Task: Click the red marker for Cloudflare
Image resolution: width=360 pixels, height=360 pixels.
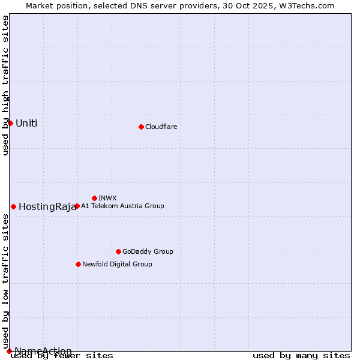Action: (141, 127)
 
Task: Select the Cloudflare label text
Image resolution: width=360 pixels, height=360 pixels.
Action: (161, 127)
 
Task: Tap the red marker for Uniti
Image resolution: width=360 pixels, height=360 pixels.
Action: (10, 123)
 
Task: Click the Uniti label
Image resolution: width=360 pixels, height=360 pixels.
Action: (26, 124)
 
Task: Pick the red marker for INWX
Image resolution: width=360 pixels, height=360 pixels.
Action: (94, 198)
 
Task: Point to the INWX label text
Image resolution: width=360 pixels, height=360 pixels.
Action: (107, 198)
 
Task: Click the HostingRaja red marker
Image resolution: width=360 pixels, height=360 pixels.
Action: (13, 206)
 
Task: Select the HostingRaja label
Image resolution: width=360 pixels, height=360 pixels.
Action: (47, 207)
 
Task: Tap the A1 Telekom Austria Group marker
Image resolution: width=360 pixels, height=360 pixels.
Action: (77, 206)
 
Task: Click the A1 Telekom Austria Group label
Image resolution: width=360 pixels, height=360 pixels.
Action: (122, 206)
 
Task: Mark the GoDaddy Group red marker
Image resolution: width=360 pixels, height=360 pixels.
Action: (118, 251)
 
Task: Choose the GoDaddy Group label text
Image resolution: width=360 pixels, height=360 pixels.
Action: (148, 251)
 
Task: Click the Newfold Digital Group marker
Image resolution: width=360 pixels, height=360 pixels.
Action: (78, 264)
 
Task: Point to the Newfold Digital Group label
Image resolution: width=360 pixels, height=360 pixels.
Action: (117, 264)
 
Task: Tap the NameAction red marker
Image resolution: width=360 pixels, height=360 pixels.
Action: (9, 351)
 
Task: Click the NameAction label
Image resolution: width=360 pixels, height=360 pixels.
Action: (43, 352)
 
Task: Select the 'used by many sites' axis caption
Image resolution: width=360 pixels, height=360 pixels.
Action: (301, 355)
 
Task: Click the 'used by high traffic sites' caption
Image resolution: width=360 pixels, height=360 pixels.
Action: (5, 85)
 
